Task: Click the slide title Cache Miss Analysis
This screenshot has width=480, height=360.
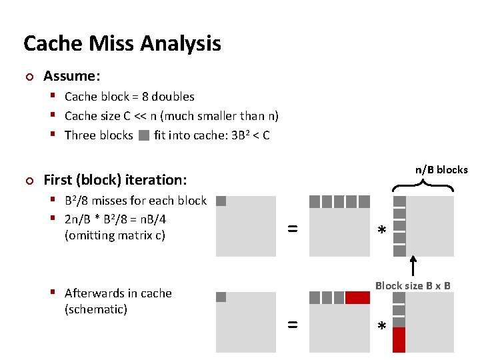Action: pos(122,44)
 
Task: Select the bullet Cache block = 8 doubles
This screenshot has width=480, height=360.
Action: pos(129,97)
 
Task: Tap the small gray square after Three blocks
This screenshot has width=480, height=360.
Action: pos(144,136)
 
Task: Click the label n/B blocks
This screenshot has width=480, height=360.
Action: pos(441,170)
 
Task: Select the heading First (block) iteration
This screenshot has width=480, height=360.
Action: pos(115,179)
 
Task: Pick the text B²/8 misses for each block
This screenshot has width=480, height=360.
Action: pos(135,201)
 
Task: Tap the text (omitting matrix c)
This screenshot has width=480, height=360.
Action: pos(115,235)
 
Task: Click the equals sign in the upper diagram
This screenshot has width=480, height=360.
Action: pos(292,229)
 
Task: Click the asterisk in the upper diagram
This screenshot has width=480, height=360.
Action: pos(381,231)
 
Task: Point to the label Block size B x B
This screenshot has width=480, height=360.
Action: pos(413,286)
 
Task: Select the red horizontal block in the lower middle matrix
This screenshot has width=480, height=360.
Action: pos(357,297)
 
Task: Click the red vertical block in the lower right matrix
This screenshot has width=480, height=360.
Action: pos(399,339)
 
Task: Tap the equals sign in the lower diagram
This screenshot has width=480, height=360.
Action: pos(292,325)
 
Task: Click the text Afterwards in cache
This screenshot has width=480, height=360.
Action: pos(118,293)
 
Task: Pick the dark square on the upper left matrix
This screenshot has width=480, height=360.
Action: pos(221,201)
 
